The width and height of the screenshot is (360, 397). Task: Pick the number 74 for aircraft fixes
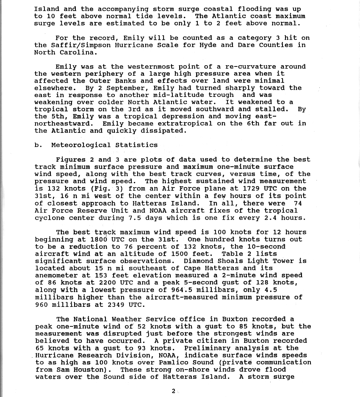[298, 203]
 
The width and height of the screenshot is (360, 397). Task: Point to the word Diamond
[199, 261]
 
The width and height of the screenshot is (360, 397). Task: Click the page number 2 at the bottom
[173, 391]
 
